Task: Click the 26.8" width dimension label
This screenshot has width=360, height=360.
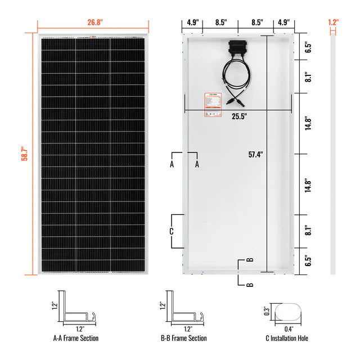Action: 93,23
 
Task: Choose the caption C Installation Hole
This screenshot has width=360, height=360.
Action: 286,338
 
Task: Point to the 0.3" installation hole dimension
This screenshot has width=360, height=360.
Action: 266,310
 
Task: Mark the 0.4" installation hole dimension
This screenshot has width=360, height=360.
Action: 288,328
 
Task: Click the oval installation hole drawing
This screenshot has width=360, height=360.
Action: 288,310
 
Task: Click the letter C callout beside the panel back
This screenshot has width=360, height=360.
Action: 171,231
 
